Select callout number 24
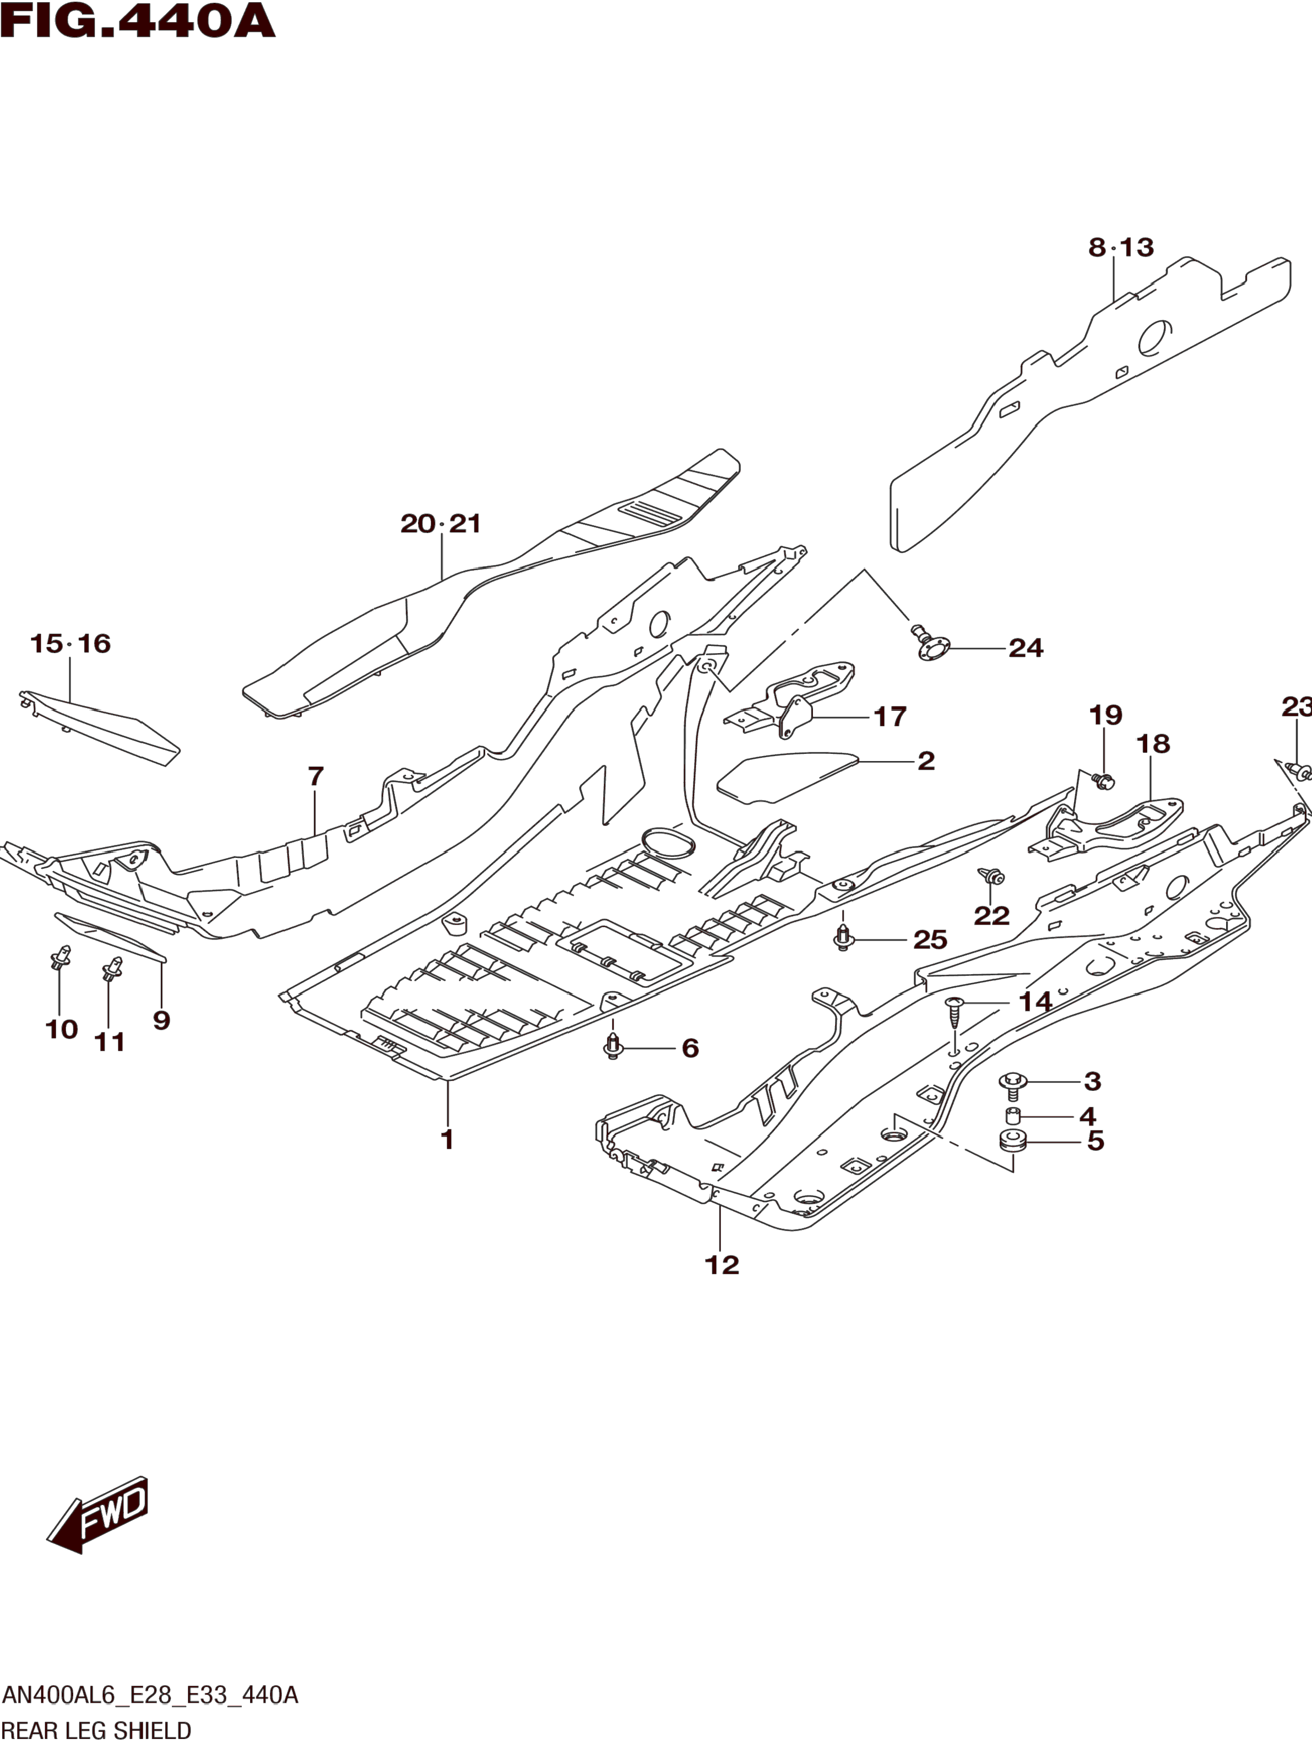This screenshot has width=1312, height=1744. [x=1025, y=648]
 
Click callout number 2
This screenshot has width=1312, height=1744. [x=926, y=761]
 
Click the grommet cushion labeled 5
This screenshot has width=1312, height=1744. [x=1013, y=1141]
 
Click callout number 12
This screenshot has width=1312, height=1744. [x=722, y=1265]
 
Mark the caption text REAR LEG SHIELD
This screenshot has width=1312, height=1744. [x=96, y=1731]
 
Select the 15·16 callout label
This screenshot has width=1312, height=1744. [x=70, y=643]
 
